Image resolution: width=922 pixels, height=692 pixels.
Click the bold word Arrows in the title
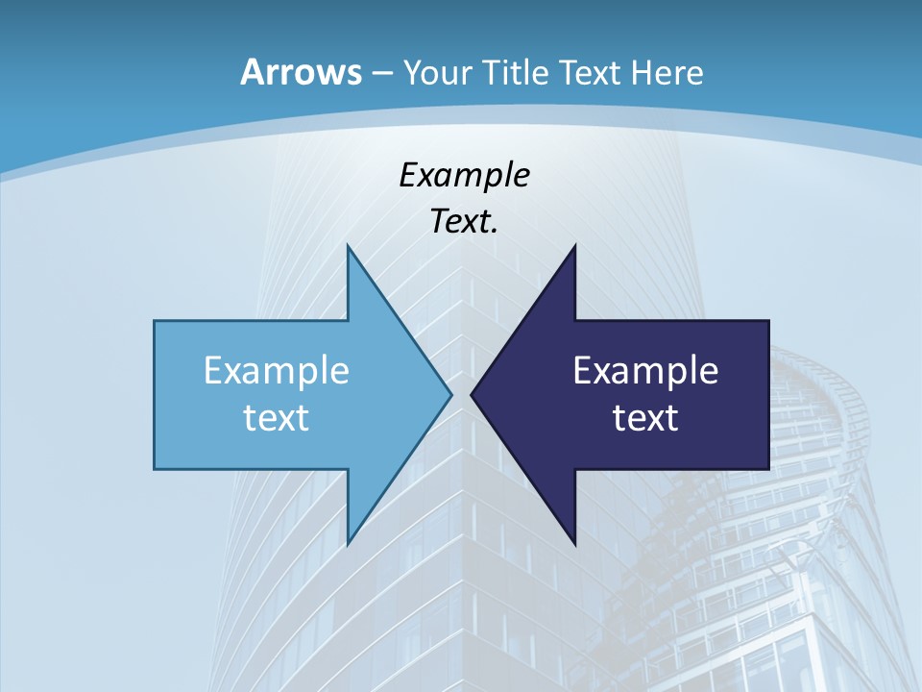(300, 72)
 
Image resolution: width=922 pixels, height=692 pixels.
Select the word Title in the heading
(516, 72)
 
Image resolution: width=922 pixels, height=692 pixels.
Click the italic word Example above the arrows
(464, 175)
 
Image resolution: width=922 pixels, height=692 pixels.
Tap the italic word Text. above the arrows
(464, 221)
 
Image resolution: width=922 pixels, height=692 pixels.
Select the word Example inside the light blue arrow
(277, 370)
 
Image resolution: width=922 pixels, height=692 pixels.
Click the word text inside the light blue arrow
(277, 417)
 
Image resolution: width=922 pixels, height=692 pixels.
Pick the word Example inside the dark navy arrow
(645, 370)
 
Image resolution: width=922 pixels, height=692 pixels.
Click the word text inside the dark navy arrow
(645, 417)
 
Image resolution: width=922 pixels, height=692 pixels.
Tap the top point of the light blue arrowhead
(348, 245)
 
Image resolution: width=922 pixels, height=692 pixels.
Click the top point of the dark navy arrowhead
(574, 245)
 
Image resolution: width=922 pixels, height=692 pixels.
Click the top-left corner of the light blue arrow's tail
(155, 321)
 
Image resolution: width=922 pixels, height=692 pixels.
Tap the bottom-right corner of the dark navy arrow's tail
(768, 469)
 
